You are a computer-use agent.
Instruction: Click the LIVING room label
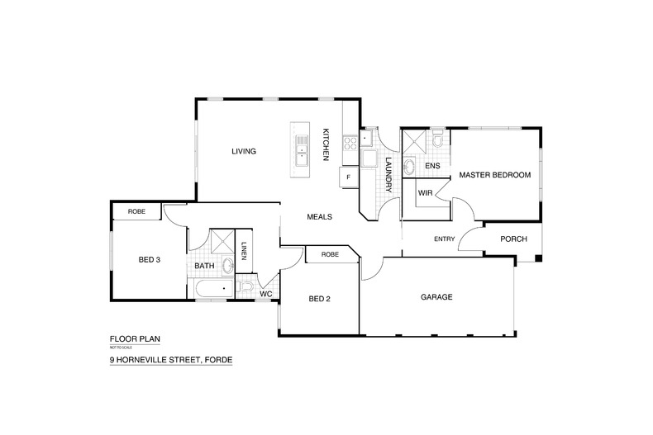244,151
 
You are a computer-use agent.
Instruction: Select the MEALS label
319,217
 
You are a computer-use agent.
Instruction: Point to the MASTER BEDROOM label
494,175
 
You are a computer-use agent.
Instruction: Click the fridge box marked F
348,177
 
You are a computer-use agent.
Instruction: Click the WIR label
426,192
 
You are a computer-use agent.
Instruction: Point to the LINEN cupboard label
244,250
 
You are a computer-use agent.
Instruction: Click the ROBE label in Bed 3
137,212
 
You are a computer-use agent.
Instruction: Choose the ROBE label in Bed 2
331,255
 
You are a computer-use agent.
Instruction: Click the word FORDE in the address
215,361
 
